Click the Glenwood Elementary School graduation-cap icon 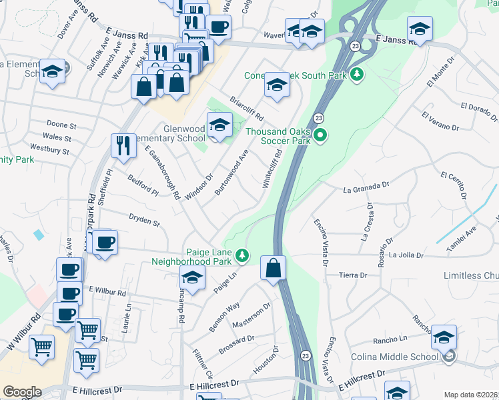tap(219, 125)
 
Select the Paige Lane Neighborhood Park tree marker tap(243, 255)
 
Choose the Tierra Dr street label tap(354, 275)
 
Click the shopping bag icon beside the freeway tap(273, 269)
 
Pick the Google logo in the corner tap(22, 392)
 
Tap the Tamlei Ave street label tap(462, 239)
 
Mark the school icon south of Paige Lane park tap(192, 279)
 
